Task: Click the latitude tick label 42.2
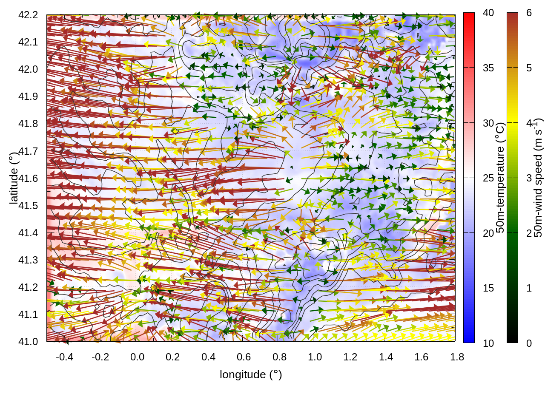28,15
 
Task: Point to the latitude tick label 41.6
28,178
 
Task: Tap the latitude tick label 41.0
28,342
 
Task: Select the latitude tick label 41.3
28,260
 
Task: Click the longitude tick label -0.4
64,357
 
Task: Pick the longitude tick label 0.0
137,357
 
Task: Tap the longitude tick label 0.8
279,357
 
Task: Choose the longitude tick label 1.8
457,357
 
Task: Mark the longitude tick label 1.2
350,357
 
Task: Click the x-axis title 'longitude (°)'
251,374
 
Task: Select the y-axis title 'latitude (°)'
14,178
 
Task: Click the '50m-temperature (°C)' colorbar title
500,178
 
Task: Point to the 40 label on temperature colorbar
488,13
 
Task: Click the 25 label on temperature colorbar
488,178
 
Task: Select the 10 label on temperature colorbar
488,343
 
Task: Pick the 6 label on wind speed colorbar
529,13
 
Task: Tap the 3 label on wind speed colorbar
529,178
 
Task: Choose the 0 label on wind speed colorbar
529,343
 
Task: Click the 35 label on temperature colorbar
488,68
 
